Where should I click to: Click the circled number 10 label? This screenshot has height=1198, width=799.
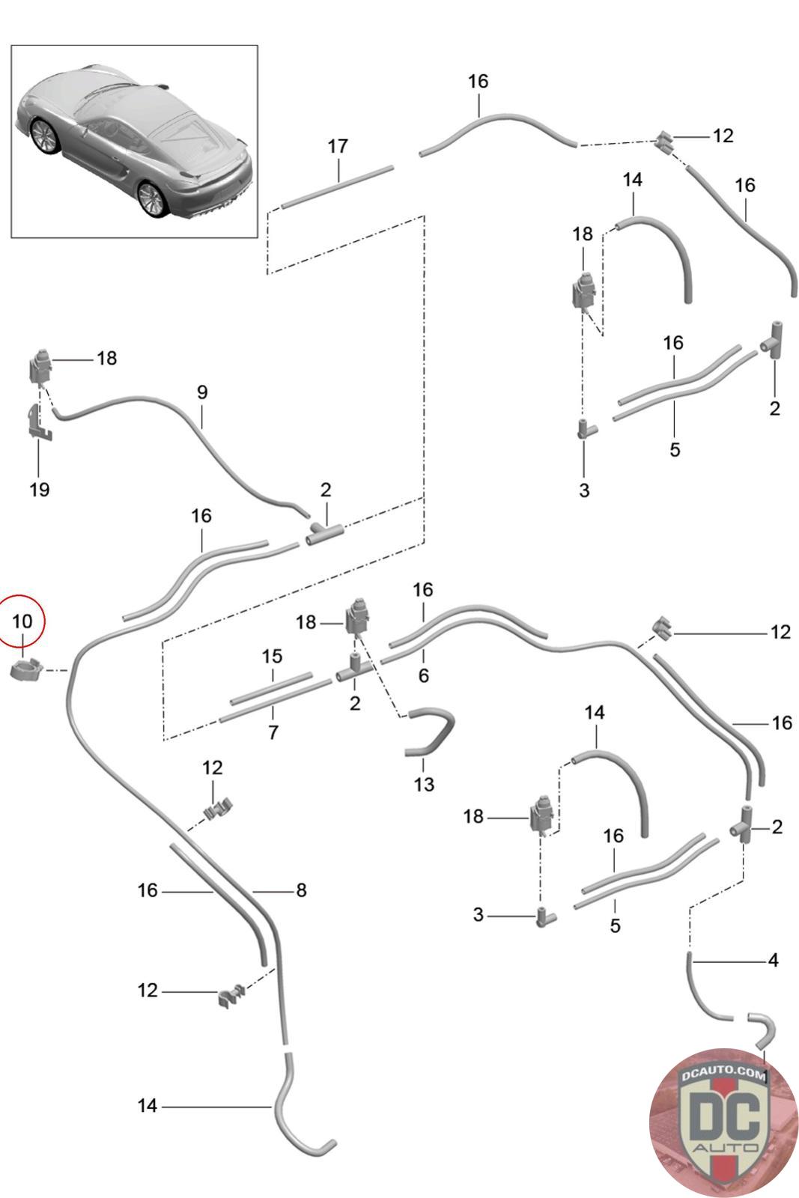tap(22, 621)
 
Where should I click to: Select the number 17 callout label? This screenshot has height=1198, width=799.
tap(338, 146)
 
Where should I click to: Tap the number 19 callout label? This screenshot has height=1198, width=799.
tap(40, 490)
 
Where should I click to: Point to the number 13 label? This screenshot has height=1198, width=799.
tap(424, 784)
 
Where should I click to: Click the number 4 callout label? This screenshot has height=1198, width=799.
tap(773, 959)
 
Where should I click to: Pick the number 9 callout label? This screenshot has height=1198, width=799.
tap(202, 392)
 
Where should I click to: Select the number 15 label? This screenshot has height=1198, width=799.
tap(272, 657)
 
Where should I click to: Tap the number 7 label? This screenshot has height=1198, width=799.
tap(273, 732)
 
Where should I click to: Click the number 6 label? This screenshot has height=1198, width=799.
tap(424, 675)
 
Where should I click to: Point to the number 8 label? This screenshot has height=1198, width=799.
tap(301, 890)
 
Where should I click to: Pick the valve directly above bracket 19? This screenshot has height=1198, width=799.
tap(41, 366)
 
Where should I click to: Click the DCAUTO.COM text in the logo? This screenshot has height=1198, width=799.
tap(723, 1076)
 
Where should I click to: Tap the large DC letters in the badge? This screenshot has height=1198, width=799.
tap(723, 1116)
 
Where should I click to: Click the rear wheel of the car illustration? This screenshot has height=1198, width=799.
tap(154, 198)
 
